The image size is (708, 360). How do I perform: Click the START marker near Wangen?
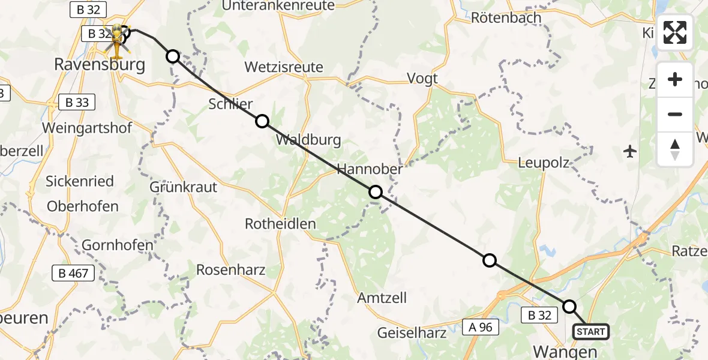pos(591,332)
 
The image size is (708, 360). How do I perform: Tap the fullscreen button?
pos(675,32)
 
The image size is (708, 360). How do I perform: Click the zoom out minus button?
pos(675,114)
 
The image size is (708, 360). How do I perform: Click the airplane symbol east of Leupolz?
pos(630,151)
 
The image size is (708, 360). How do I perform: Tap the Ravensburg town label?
pos(100,64)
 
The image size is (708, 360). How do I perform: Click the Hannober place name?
pos(370,170)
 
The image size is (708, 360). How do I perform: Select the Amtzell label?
pos(382,298)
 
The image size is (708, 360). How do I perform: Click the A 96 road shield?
pos(481,326)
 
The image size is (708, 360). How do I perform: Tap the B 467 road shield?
pos(73,274)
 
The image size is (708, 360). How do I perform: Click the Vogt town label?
pos(422,78)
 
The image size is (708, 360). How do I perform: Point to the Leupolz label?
pos(543,163)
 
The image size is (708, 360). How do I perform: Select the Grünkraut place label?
pos(183,187)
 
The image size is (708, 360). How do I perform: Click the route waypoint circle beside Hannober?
pos(375,192)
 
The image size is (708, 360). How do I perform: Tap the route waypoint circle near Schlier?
pos(262,122)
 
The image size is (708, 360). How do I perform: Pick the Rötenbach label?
pos(506,17)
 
